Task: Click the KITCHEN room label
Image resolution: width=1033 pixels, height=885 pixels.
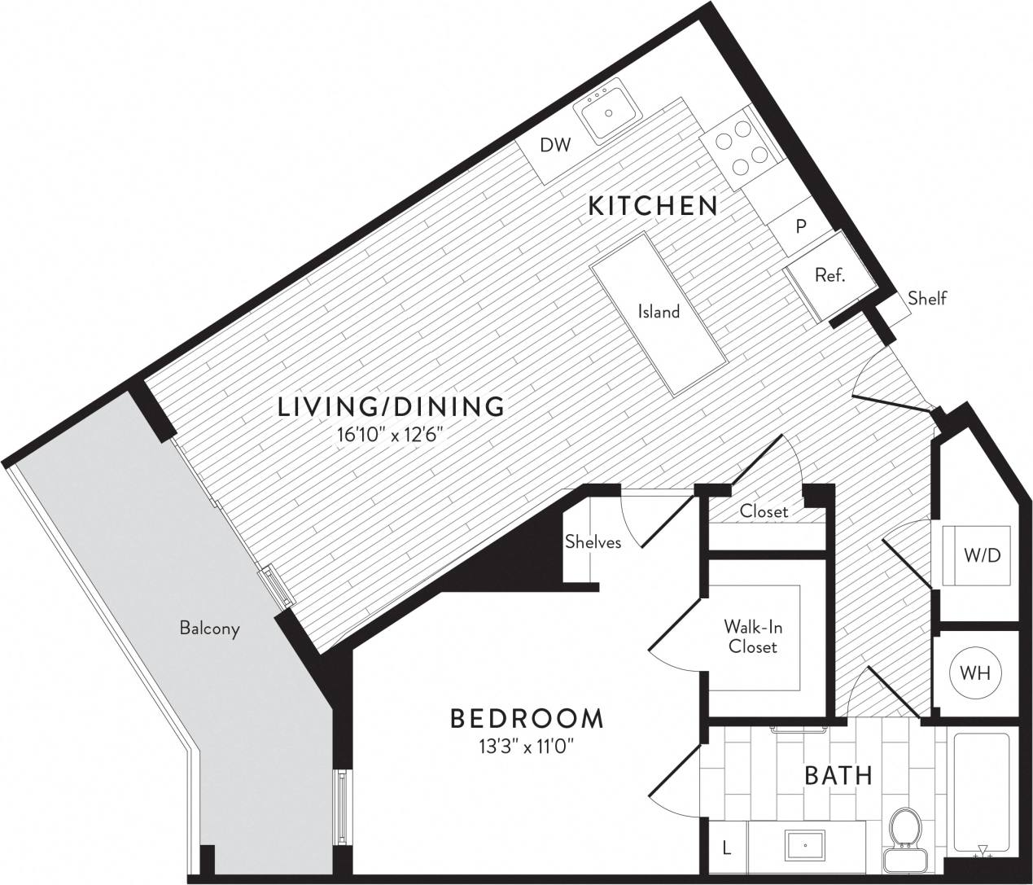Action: (653, 206)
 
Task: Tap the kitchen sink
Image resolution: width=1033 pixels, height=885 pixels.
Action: (608, 112)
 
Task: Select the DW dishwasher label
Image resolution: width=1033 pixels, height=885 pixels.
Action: (556, 146)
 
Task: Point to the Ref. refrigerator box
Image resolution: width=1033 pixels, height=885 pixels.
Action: (829, 275)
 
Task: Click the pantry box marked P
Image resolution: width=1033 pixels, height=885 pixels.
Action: (801, 226)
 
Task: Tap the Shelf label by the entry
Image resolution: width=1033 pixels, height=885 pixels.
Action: (927, 298)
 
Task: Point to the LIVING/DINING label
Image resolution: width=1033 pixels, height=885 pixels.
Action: (392, 406)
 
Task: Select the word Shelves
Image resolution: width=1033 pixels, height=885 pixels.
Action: (593, 542)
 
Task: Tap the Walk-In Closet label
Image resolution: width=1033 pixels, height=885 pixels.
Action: (753, 637)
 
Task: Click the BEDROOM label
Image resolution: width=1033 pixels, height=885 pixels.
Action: (527, 718)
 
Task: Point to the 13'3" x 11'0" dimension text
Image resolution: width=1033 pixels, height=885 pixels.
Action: (527, 746)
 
